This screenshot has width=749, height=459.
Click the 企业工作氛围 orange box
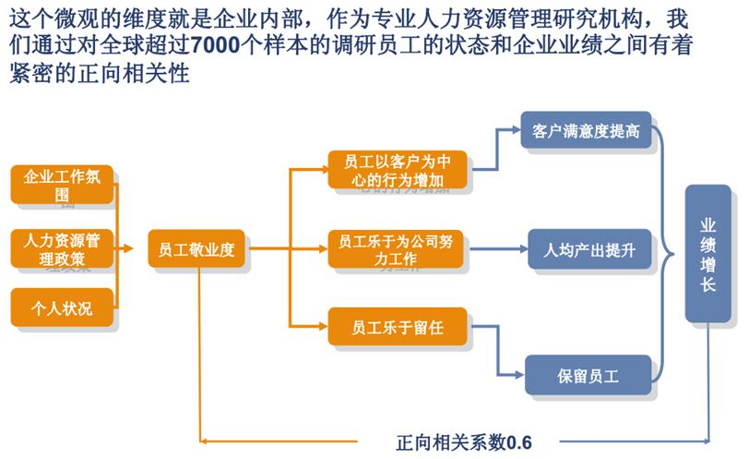click(x=62, y=185)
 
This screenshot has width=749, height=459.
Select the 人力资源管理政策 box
click(x=62, y=248)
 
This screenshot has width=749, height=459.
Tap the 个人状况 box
click(x=62, y=308)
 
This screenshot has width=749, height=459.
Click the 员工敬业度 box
click(x=196, y=248)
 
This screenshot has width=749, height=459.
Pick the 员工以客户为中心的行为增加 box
click(x=398, y=170)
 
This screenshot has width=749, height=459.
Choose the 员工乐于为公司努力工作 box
click(x=396, y=248)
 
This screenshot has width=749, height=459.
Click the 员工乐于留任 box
click(x=398, y=327)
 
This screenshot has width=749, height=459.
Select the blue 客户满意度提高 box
click(x=586, y=130)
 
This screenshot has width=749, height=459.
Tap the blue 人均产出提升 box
click(x=589, y=249)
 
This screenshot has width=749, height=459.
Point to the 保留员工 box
click(x=588, y=375)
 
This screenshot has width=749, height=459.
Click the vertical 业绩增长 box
click(x=707, y=253)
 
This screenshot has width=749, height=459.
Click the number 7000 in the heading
click(x=216, y=45)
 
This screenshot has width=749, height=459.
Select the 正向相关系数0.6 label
click(x=464, y=442)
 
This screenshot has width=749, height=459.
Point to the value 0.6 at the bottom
click(x=519, y=442)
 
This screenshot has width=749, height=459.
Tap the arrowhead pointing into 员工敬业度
click(x=127, y=248)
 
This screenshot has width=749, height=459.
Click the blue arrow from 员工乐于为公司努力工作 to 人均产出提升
click(x=499, y=249)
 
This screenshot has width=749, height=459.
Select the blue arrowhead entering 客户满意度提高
click(x=516, y=129)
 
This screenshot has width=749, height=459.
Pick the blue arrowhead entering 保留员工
click(x=519, y=375)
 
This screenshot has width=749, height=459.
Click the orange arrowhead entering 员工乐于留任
click(x=323, y=327)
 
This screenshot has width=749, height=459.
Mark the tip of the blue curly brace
click(x=673, y=254)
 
